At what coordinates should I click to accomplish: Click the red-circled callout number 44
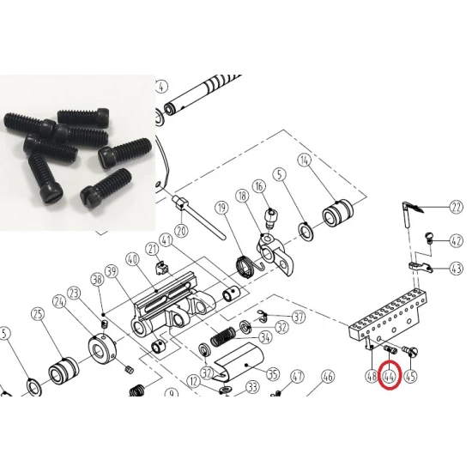pos(390,376)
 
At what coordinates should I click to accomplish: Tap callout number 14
pos(305,160)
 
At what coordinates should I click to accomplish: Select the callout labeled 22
pos(456,207)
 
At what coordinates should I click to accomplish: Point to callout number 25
pos(39,314)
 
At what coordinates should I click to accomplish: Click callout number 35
pos(273,374)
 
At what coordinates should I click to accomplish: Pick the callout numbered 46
pos(328,376)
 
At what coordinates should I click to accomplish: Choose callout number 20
pos(181,231)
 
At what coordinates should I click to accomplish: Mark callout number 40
pos(132,259)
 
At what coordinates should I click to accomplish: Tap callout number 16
pos(259,186)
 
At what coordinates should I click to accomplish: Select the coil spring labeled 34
pos(223,336)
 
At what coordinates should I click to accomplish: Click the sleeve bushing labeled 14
pos(337,214)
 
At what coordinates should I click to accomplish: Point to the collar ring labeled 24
pos(102,351)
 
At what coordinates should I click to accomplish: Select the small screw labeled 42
pos(428,236)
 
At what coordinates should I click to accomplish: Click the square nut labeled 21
pos(161,267)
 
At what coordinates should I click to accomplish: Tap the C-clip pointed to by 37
pos(263,317)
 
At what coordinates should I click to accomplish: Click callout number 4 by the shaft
pos(161,87)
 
